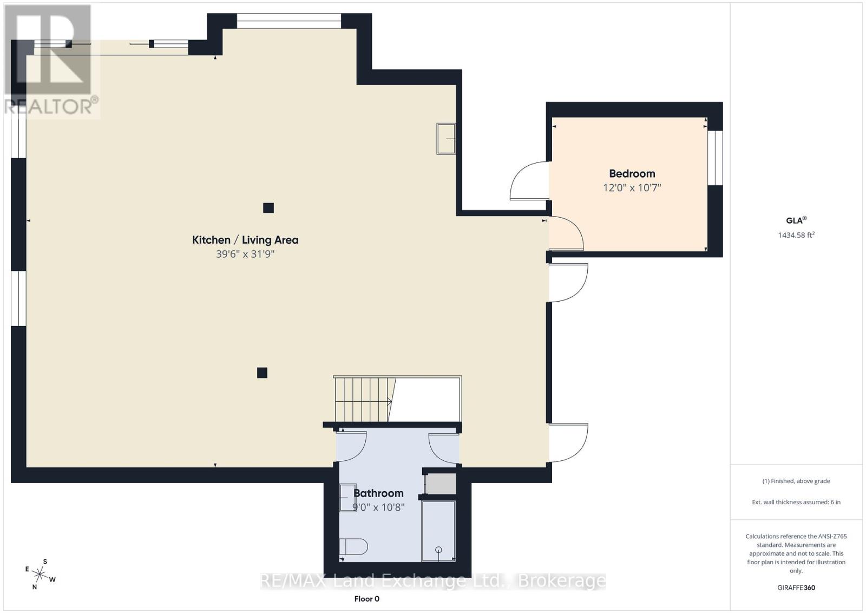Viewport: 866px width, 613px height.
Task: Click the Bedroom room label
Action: click(x=632, y=174)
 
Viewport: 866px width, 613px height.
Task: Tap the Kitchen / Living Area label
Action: click(x=245, y=240)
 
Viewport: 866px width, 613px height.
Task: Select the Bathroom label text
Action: click(x=378, y=493)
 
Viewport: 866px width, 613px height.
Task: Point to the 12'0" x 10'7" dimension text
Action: click(x=632, y=187)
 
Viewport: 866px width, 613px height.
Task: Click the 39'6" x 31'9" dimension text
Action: click(x=245, y=254)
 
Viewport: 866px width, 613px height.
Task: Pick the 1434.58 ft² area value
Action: click(x=796, y=235)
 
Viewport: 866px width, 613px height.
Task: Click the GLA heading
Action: click(x=796, y=220)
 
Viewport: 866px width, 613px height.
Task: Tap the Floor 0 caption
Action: click(x=366, y=599)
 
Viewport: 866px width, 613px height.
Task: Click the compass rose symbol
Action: click(x=40, y=575)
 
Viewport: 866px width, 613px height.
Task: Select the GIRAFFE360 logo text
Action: click(x=796, y=588)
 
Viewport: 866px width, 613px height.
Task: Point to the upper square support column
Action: click(x=268, y=208)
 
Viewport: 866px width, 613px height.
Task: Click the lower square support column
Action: click(x=262, y=373)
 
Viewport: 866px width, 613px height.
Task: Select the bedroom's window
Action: click(x=716, y=158)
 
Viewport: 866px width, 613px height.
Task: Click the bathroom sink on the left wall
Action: click(x=347, y=498)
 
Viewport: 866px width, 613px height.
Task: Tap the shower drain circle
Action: click(x=438, y=550)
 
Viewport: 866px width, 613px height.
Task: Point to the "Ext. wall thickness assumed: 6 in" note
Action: click(x=796, y=502)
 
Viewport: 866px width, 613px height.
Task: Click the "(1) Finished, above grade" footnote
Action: click(x=796, y=481)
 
